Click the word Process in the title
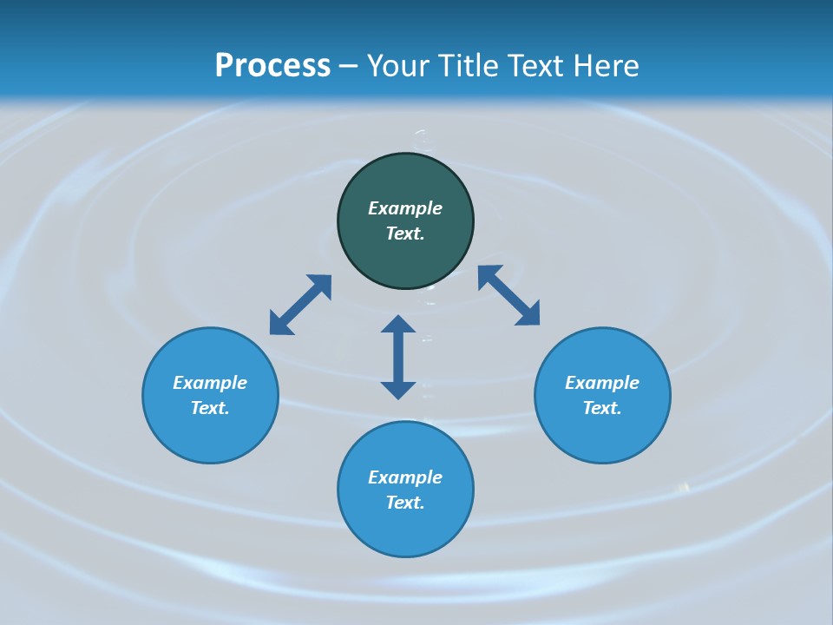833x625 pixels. [272, 66]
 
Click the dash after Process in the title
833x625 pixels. [348, 68]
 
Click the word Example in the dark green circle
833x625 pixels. [405, 208]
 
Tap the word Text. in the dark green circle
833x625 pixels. [405, 234]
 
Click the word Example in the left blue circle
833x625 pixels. [210, 383]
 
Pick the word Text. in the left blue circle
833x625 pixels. [210, 408]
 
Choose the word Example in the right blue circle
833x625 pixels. [602, 383]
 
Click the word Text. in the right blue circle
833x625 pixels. [602, 408]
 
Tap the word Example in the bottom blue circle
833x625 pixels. [405, 477]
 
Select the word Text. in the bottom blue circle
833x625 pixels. [405, 503]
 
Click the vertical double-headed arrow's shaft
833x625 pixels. [398, 357]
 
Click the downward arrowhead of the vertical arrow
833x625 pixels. [398, 390]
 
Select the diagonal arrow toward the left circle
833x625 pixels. [300, 305]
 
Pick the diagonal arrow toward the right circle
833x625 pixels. [508, 295]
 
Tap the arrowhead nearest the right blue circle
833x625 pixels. [528, 314]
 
